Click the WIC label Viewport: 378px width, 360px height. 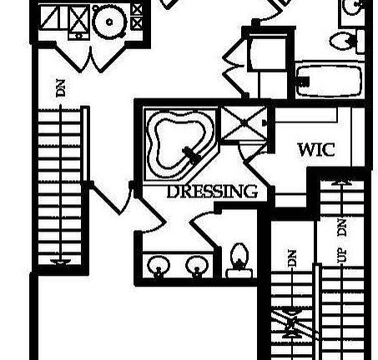(316, 150)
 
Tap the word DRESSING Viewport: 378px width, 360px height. (212, 192)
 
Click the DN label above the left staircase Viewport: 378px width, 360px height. (61, 88)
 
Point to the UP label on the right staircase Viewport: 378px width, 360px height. (342, 256)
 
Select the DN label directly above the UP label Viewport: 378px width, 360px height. (342, 227)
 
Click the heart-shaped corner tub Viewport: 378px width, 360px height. (180, 144)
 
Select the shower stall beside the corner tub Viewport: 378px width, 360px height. (244, 122)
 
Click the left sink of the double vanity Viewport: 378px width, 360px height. (159, 266)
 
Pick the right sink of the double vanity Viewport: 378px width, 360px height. (197, 266)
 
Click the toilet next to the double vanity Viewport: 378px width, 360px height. (239, 260)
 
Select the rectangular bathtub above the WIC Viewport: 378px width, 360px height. (330, 81)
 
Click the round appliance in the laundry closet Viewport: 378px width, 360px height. (109, 22)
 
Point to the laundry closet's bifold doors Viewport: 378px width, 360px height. (90, 57)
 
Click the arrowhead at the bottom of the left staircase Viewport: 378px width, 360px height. (60, 261)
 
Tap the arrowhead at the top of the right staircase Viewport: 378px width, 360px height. (342, 182)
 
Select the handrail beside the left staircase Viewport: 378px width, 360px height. (85, 144)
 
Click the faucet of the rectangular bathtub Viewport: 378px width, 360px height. (303, 81)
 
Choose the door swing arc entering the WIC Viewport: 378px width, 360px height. (241, 152)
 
